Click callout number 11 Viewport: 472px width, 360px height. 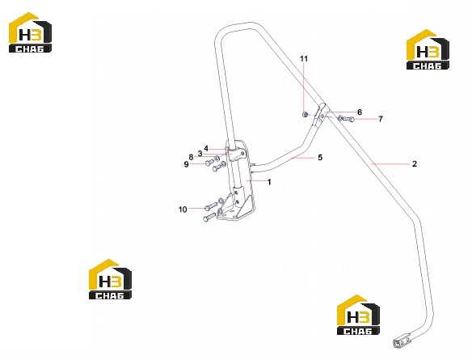click(305, 58)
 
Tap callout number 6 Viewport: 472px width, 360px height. click(360, 112)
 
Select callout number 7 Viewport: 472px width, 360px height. click(381, 119)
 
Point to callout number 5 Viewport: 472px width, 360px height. click(320, 157)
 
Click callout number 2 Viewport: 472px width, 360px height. click(415, 164)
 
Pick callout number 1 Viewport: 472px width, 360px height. click(269, 182)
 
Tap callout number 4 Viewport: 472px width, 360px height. click(206, 148)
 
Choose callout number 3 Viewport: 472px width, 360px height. click(200, 154)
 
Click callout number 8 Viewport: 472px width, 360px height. click(191, 157)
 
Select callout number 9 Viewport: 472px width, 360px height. click(187, 164)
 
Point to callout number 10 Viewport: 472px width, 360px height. click(183, 210)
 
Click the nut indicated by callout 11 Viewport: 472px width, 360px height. click(305, 114)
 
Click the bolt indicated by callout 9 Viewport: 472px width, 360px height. click(209, 163)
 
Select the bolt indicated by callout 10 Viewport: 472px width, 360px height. click(211, 206)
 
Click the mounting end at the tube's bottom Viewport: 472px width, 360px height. click(402, 340)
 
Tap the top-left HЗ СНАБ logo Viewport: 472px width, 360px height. click(30, 32)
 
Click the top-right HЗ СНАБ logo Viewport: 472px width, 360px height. click(428, 49)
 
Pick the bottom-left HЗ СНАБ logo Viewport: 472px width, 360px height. click(110, 279)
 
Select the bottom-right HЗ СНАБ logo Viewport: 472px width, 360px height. click(358, 315)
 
